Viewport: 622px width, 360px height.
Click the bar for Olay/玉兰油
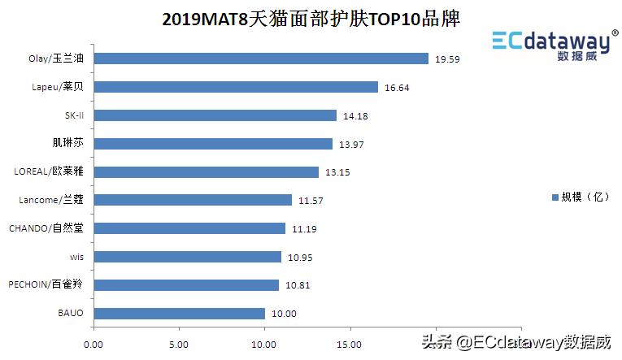(x=261, y=59)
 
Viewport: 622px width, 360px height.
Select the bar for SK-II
(x=215, y=115)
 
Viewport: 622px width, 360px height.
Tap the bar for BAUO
(x=180, y=313)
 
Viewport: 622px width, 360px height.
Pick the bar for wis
(x=188, y=257)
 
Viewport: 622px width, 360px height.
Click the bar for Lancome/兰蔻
(x=193, y=200)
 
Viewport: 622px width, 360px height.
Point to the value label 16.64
(x=398, y=88)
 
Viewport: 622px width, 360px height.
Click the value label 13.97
(x=352, y=145)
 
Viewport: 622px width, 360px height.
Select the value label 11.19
(x=305, y=229)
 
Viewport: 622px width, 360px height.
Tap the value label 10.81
(x=298, y=285)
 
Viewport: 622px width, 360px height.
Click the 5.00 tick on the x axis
(x=180, y=343)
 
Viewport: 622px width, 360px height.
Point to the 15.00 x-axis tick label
(x=350, y=343)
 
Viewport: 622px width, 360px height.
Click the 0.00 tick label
(x=94, y=343)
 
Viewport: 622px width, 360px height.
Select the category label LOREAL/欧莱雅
(x=49, y=171)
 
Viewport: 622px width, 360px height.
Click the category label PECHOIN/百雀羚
(x=46, y=284)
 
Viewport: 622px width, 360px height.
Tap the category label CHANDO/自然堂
(x=46, y=228)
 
